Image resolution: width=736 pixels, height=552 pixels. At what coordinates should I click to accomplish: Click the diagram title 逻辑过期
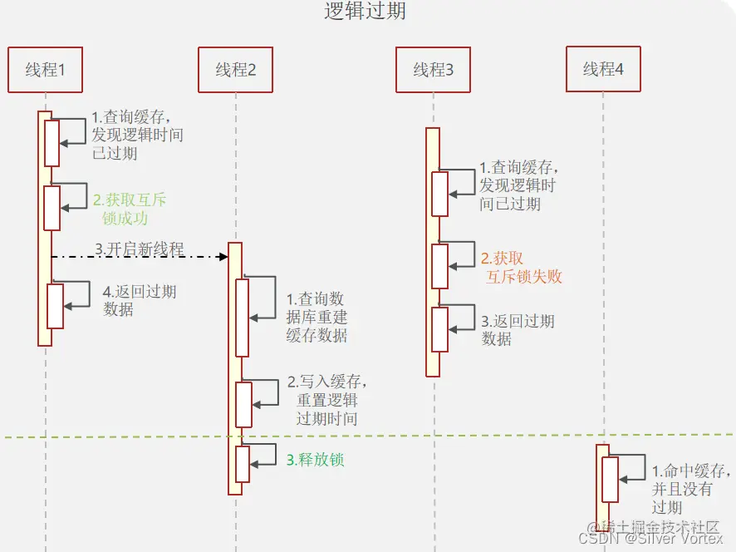pyautogui.click(x=365, y=12)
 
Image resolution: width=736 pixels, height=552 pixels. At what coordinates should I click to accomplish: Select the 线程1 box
pyautogui.click(x=45, y=70)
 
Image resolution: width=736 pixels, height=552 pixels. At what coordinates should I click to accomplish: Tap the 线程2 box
pyautogui.click(x=236, y=70)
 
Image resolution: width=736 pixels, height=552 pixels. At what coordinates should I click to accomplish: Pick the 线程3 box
pyautogui.click(x=434, y=70)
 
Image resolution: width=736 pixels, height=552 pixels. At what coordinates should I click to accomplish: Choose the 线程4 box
pyautogui.click(x=603, y=69)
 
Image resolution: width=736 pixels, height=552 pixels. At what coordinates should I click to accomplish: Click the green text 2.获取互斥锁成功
pyautogui.click(x=130, y=209)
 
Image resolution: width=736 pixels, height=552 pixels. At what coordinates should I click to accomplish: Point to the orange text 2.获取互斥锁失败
pyautogui.click(x=521, y=268)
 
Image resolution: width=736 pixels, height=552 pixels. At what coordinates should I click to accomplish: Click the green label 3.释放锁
pyautogui.click(x=315, y=460)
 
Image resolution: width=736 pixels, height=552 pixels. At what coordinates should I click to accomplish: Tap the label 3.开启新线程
pyautogui.click(x=139, y=249)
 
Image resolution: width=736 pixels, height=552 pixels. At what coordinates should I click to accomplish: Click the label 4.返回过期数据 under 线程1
pyautogui.click(x=139, y=300)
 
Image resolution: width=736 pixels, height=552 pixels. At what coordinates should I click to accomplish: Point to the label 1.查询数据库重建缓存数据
pyautogui.click(x=316, y=318)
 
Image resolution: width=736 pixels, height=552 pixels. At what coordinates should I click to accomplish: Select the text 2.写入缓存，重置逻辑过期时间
pyautogui.click(x=327, y=400)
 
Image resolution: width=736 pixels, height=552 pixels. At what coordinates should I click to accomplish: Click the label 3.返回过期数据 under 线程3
pyautogui.click(x=518, y=330)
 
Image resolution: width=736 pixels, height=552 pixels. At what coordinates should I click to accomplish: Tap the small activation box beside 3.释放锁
pyautogui.click(x=243, y=464)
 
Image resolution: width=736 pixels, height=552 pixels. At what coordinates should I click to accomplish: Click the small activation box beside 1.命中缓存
pyautogui.click(x=610, y=480)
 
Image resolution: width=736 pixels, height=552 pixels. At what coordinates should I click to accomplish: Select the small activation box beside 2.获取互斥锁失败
pyautogui.click(x=439, y=266)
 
